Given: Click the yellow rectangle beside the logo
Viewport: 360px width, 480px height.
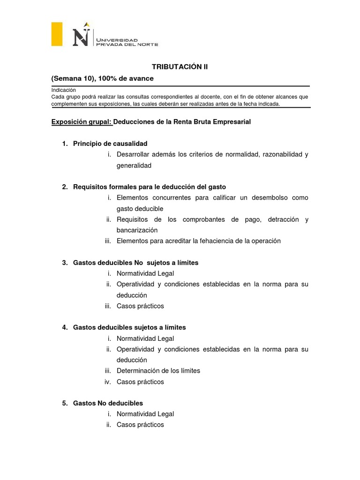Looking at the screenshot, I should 57,34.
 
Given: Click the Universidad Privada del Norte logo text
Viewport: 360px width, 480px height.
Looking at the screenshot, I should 127,42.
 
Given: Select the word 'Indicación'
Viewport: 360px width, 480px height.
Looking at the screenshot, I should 64,90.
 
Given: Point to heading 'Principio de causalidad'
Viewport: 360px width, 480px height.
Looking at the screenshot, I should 110,143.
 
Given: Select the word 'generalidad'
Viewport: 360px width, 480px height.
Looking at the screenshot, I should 134,165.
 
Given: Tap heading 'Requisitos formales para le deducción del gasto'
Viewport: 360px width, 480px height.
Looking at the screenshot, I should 150,187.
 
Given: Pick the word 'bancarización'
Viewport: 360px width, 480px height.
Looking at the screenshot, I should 137,230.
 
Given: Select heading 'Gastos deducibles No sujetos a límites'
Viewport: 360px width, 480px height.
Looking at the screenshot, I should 135,262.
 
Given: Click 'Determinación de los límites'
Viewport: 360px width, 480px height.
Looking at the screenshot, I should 158,371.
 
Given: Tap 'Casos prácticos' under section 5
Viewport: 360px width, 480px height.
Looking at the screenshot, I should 140,425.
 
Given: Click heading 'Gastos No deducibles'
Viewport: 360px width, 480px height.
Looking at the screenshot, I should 108,403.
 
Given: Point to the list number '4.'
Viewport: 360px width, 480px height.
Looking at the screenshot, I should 65,327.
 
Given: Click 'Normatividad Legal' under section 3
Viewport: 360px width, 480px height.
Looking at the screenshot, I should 145,273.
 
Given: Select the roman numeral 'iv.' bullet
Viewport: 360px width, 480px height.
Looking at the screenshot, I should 107,382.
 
